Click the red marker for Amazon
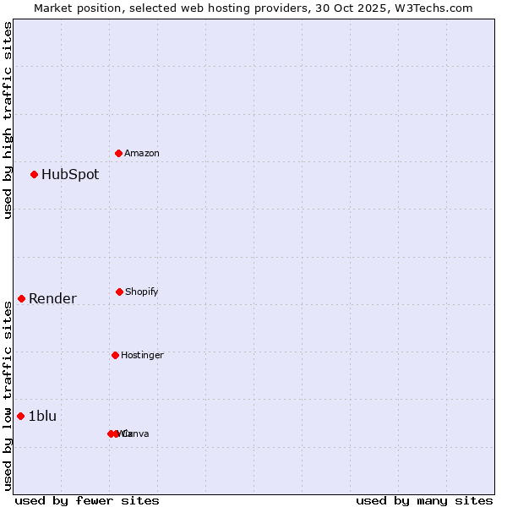coord(119,153)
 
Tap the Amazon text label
coord(142,153)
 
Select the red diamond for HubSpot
coord(35,174)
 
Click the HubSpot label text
coord(70,175)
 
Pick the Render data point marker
coord(22,298)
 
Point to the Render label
coord(52,298)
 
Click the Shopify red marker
coord(119,292)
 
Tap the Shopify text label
coord(142,292)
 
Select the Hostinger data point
coord(115,355)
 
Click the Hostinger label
coord(142,356)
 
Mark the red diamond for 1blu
coord(21,416)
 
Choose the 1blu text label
coord(42,416)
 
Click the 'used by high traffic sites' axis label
coord(8,120)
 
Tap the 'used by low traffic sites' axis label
coord(8,395)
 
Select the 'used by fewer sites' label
coord(87,500)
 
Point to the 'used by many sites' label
coord(424,500)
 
